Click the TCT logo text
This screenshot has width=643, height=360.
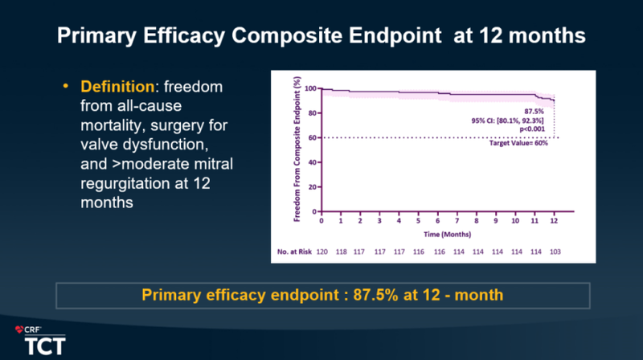tap(41, 345)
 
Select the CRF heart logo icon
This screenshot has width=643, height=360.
tap(20, 329)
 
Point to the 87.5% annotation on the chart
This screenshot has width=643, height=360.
tap(535, 111)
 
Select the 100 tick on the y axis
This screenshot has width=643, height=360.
tap(309, 88)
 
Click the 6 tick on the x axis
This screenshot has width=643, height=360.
tap(438, 220)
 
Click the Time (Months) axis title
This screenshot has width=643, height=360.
tap(437, 233)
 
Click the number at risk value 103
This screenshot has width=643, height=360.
tap(555, 252)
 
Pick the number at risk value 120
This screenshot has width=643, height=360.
tap(322, 252)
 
